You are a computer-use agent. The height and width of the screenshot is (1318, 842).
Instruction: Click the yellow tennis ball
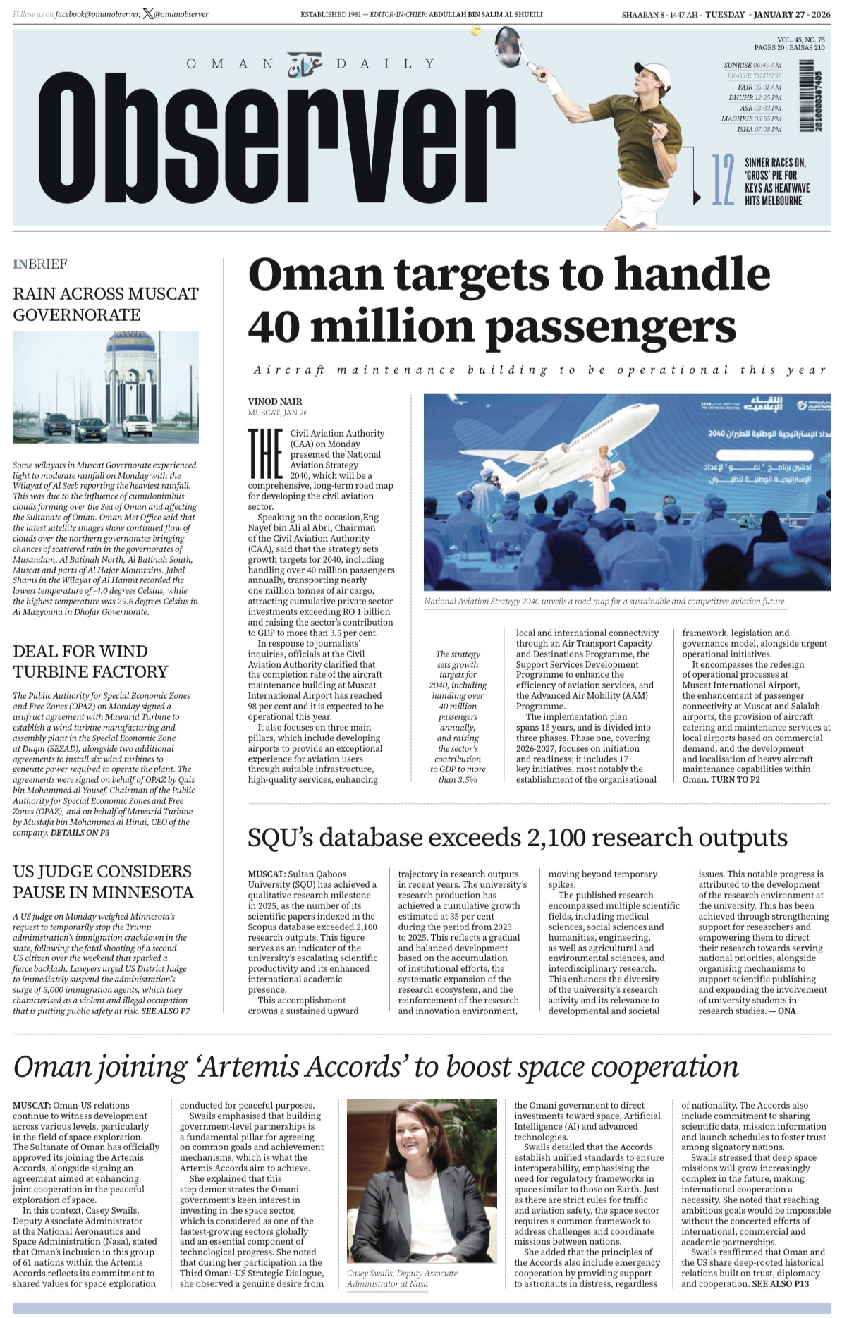pyautogui.click(x=476, y=31)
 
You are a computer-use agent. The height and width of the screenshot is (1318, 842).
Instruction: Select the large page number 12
pyautogui.click(x=723, y=181)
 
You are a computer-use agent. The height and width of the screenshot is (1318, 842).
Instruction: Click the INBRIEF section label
pyautogui.click(x=40, y=264)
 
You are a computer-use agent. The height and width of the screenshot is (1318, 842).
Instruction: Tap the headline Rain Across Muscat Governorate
pyautogui.click(x=106, y=304)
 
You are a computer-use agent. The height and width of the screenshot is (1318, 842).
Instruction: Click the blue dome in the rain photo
pyautogui.click(x=130, y=343)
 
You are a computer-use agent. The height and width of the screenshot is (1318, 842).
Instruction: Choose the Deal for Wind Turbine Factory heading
pyautogui.click(x=90, y=661)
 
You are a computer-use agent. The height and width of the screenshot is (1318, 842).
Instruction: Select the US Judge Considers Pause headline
pyautogui.click(x=102, y=881)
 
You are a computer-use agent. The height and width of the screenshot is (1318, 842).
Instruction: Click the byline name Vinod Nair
pyautogui.click(x=275, y=401)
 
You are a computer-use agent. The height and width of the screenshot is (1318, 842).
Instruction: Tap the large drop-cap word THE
pyautogui.click(x=265, y=453)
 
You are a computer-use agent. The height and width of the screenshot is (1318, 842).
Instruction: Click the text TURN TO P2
pyautogui.click(x=736, y=779)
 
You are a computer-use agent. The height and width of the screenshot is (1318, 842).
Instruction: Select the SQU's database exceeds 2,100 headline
pyautogui.click(x=517, y=838)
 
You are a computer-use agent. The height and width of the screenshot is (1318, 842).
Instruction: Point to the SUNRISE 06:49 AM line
pyautogui.click(x=752, y=65)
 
